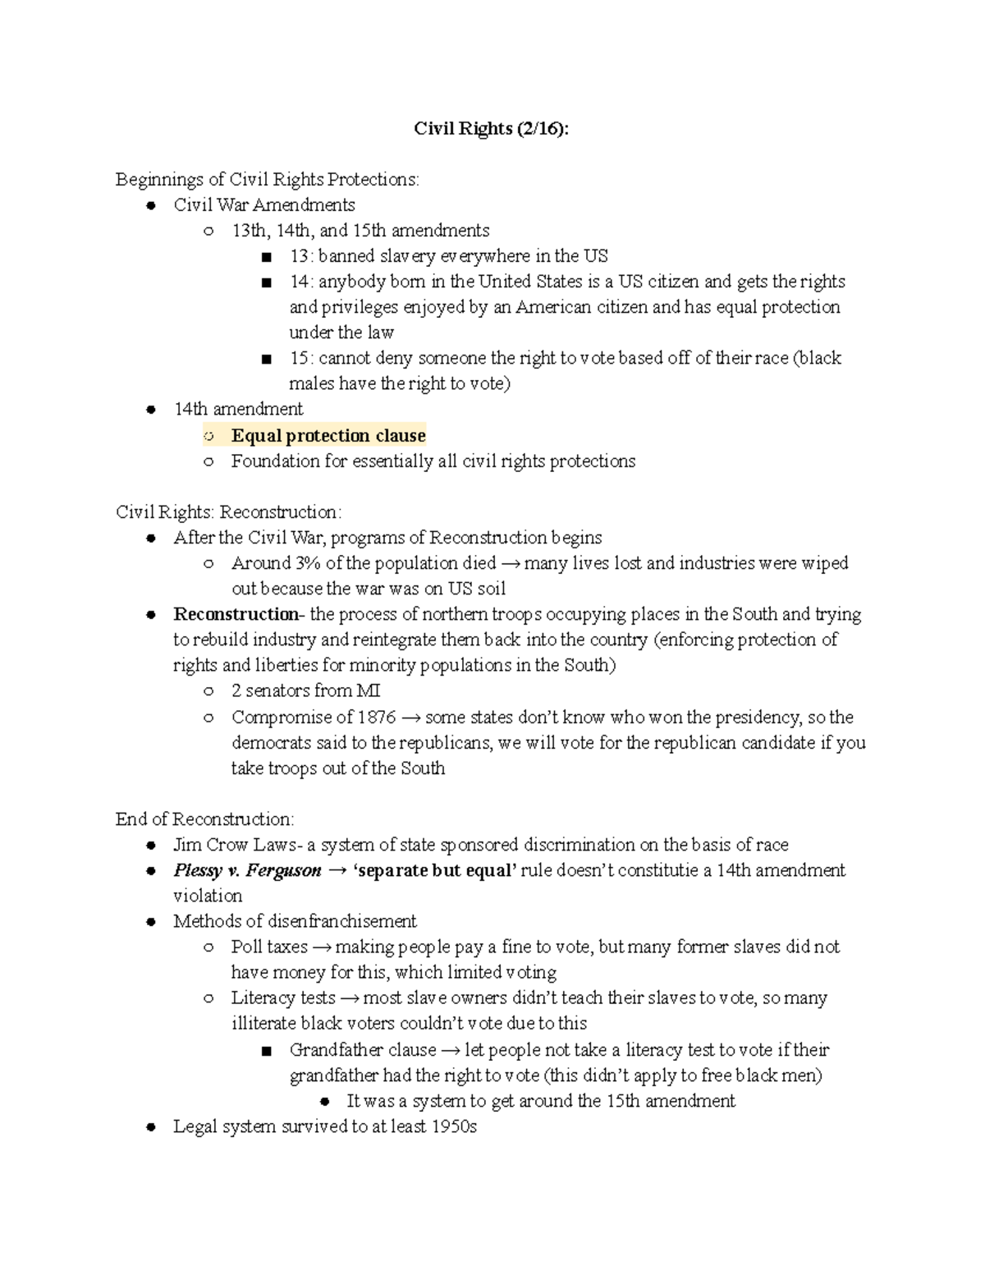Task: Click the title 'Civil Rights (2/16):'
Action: coord(490,129)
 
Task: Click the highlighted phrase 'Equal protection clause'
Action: coord(328,435)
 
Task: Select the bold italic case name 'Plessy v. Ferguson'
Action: coord(247,870)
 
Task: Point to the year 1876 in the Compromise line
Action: coord(377,717)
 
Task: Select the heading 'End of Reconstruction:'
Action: coord(204,819)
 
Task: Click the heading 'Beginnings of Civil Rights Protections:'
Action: coord(267,179)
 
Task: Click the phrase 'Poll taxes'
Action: coord(269,947)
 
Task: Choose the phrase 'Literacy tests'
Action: coord(283,998)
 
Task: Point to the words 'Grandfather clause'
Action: coord(363,1049)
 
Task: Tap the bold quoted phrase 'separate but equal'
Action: coord(434,870)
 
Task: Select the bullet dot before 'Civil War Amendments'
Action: coord(150,205)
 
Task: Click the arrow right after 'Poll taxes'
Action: coord(322,947)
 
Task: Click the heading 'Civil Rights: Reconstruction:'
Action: coord(228,511)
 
